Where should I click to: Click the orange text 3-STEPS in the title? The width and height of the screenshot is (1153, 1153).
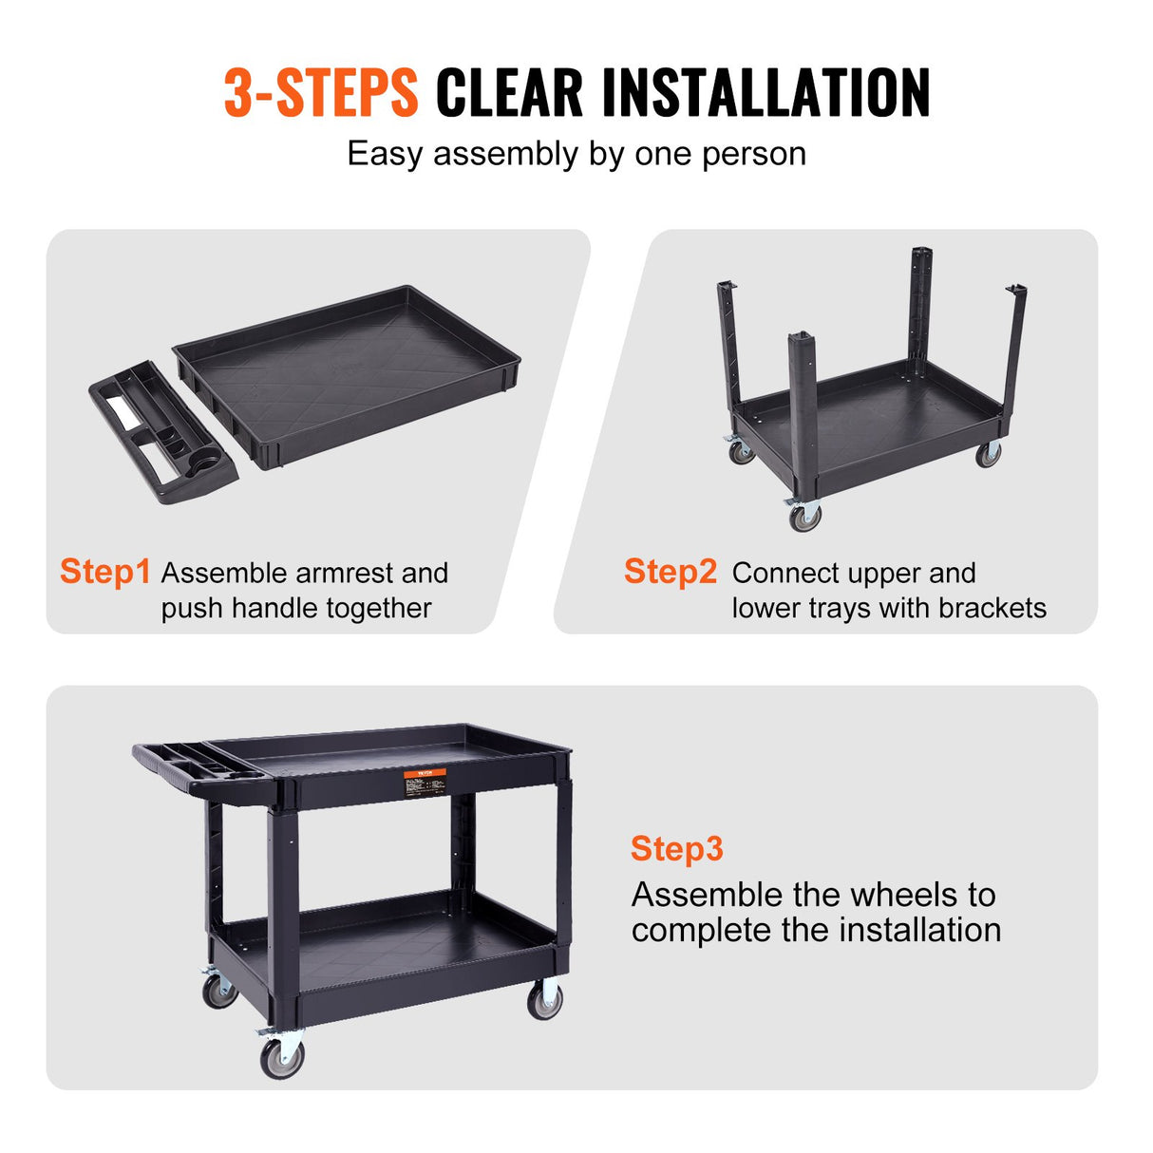[320, 93]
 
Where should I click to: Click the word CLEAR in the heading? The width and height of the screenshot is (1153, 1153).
[509, 93]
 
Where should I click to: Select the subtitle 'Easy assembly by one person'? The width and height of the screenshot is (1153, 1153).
[576, 154]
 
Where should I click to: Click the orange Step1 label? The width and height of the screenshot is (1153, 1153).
[104, 572]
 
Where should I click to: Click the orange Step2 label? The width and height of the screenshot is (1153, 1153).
[670, 572]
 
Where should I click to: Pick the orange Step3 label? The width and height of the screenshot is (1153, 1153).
[676, 848]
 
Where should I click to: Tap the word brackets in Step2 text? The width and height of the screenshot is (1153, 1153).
[992, 608]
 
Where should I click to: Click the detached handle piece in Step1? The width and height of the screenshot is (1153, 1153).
[161, 432]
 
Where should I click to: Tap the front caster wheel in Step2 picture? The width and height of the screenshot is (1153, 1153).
[805, 517]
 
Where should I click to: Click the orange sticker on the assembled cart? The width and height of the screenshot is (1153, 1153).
[425, 783]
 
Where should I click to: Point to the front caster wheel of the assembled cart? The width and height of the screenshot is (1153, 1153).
[282, 1056]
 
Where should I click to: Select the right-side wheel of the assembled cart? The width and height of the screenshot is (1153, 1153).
[544, 1000]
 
